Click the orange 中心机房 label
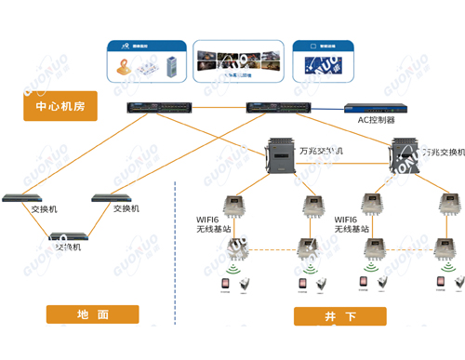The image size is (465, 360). [60, 107]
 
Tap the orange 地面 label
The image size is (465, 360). [91, 315]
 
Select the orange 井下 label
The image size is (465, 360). [339, 316]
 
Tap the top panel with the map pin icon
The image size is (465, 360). [144, 63]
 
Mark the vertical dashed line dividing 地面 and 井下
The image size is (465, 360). [176, 251]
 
